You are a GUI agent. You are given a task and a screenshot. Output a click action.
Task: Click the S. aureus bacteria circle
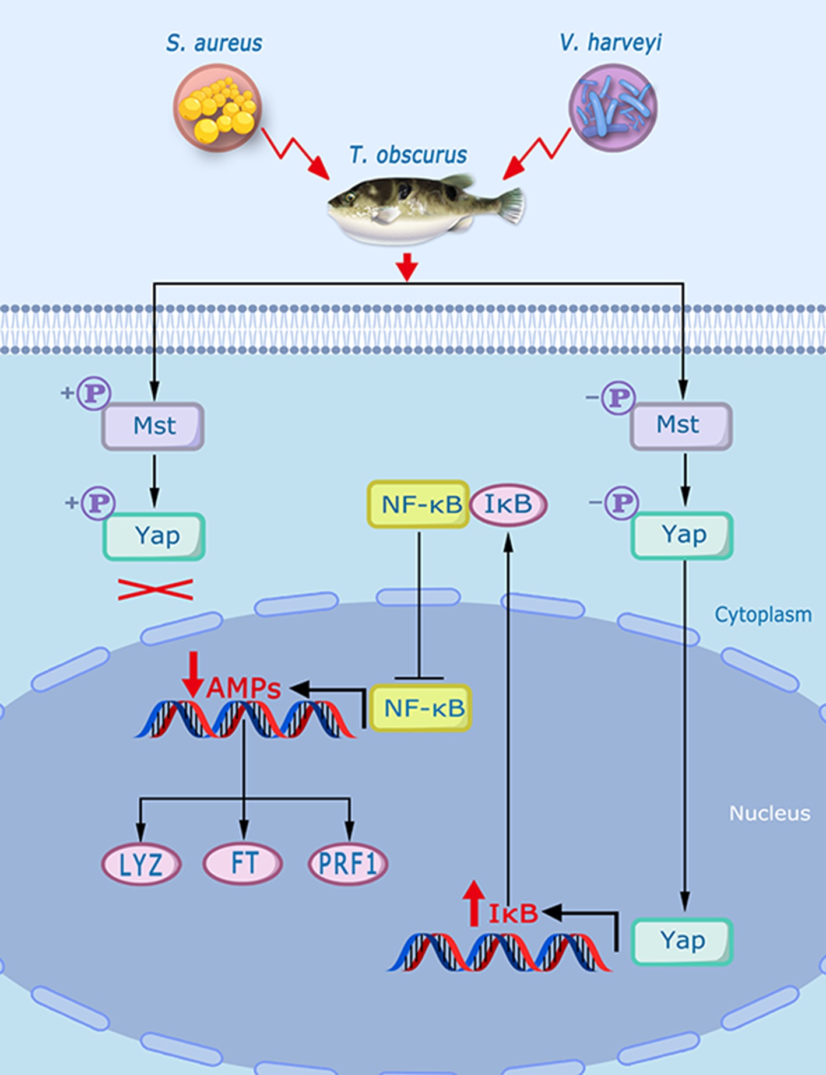tap(217, 108)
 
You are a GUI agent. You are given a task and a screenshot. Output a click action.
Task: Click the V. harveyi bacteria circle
tap(613, 108)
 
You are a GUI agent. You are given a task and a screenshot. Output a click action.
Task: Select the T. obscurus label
tap(408, 155)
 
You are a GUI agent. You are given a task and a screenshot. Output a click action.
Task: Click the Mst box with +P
tap(153, 426)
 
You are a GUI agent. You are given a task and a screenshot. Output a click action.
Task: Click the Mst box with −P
tap(681, 425)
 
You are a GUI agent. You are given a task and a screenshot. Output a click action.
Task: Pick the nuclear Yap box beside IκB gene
tap(682, 941)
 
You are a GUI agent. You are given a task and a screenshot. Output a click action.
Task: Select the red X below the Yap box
tap(155, 589)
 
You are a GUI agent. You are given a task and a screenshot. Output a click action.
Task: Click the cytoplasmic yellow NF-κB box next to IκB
tap(419, 505)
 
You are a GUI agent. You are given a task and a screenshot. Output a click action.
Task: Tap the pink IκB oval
tap(508, 504)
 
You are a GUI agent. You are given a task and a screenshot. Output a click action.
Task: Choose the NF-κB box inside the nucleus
tap(421, 708)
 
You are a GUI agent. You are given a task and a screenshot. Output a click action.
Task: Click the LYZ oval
tap(141, 864)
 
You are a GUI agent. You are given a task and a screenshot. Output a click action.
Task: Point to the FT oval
tap(243, 863)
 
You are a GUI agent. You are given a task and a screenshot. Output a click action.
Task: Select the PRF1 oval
tap(348, 863)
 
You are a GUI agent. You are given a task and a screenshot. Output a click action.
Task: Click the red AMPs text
tap(244, 688)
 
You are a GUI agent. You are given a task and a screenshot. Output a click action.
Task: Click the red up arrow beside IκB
tap(474, 903)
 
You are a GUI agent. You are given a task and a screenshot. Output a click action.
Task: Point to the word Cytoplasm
tap(763, 614)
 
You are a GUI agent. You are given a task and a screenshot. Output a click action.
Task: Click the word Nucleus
tap(769, 813)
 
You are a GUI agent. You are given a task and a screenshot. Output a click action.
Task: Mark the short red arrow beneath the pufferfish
tap(407, 267)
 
